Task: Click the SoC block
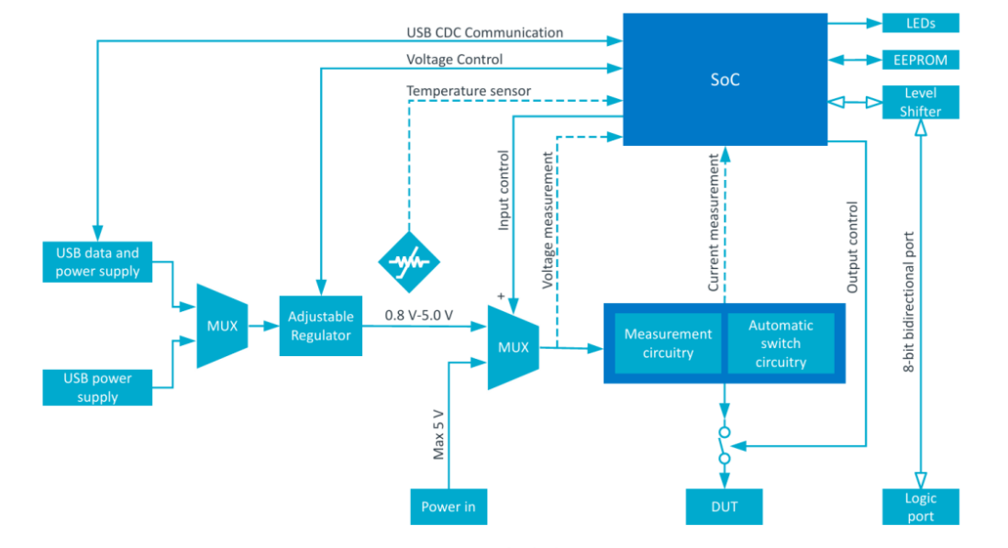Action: pos(725,79)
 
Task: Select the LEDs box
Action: pos(920,23)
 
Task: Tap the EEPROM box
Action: pos(920,60)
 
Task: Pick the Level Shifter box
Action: pos(920,102)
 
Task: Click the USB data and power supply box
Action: pos(97,262)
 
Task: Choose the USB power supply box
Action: pos(97,387)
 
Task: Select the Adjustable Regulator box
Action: pos(320,326)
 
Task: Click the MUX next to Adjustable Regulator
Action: pos(222,326)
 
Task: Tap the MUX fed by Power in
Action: pos(513,347)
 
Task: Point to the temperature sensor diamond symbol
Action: pos(409,262)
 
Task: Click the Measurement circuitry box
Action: pos(668,342)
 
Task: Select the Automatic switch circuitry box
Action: pos(781,342)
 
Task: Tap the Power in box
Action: pos(449,507)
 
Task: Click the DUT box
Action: pos(724,507)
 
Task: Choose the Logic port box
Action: pos(920,507)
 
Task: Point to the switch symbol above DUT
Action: pos(724,445)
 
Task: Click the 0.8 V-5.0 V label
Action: pos(418,315)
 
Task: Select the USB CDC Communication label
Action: pos(484,32)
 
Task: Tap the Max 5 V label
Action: pos(438,435)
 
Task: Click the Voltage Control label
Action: pos(455,59)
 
